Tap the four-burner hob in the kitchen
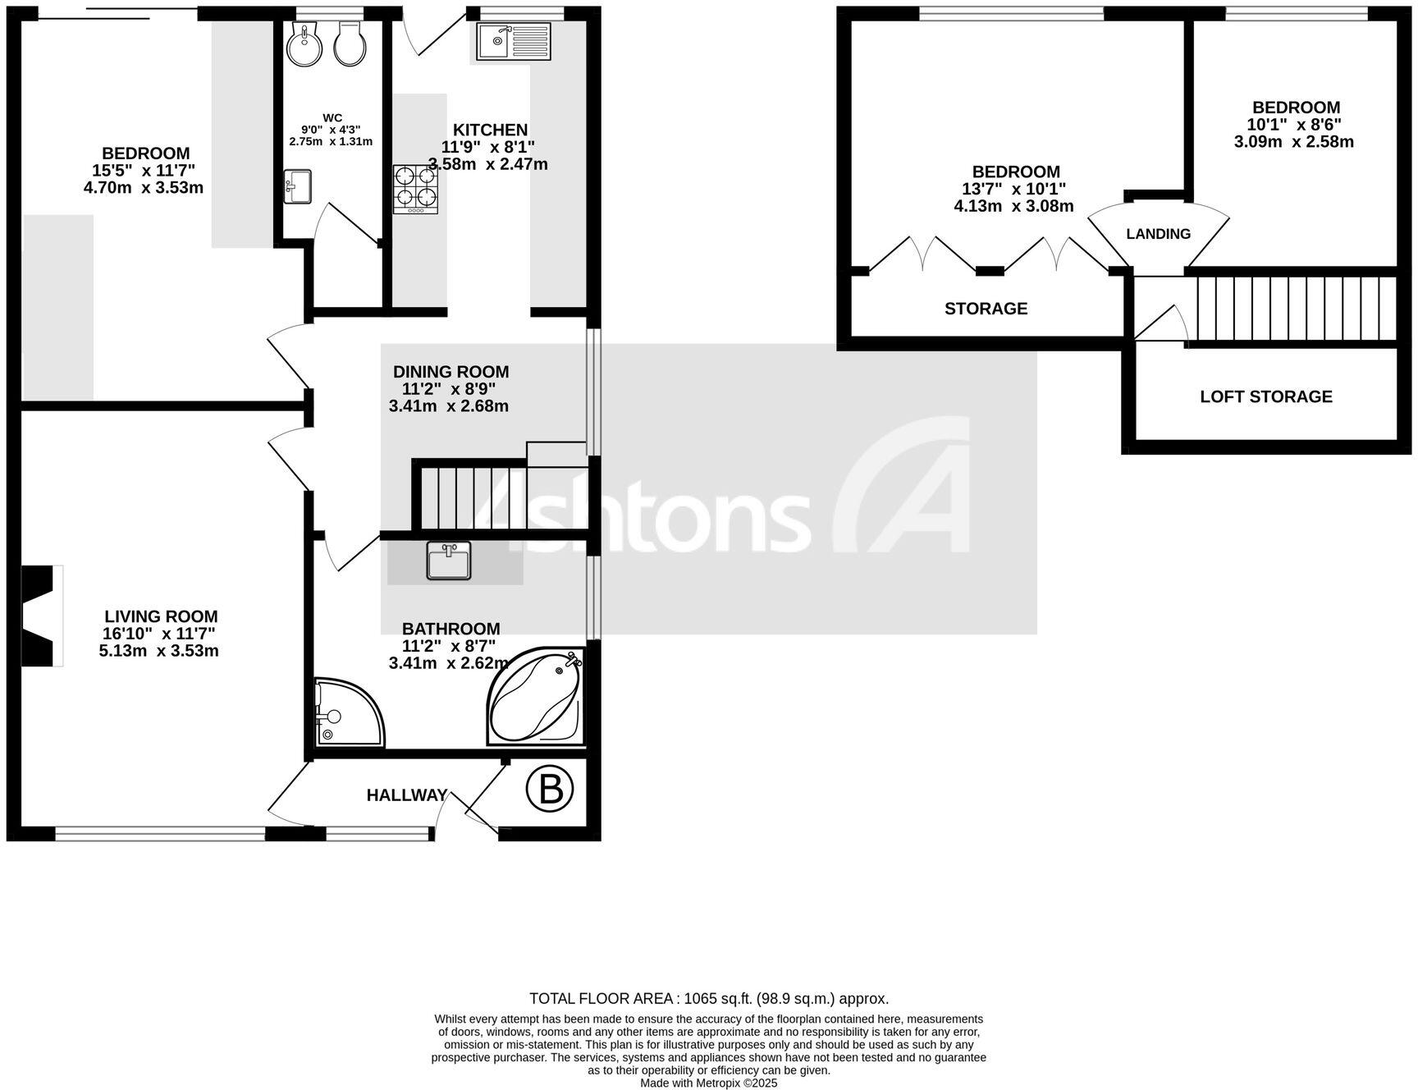click(415, 189)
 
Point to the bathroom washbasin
click(449, 561)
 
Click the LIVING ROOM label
click(161, 616)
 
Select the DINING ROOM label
click(451, 372)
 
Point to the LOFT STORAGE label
click(1265, 396)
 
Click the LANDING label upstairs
click(1158, 234)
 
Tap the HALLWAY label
click(407, 795)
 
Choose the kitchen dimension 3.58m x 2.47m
click(488, 164)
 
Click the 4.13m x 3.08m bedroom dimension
click(1013, 206)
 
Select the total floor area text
click(709, 999)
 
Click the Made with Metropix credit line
click(708, 1083)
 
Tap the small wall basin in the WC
click(297, 185)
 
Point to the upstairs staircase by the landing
click(1295, 308)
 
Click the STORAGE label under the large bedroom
click(986, 309)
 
